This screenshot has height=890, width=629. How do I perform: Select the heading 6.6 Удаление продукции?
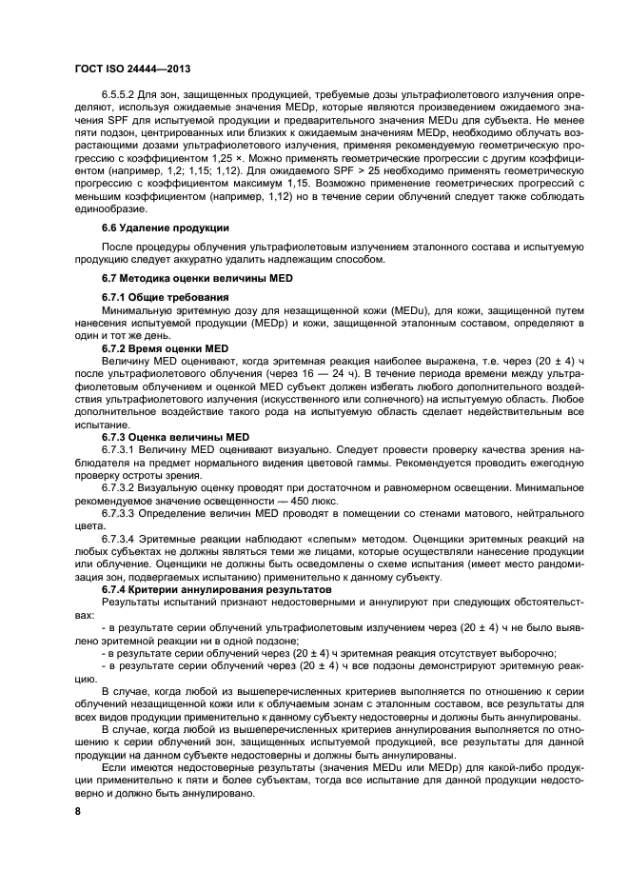161,227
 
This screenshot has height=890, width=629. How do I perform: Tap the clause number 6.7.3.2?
119,486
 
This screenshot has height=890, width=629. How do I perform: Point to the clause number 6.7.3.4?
119,539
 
